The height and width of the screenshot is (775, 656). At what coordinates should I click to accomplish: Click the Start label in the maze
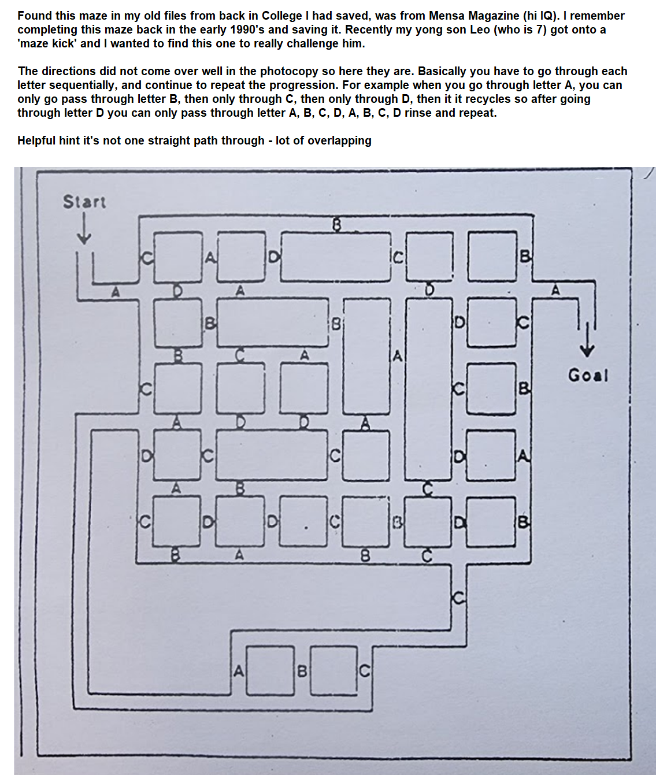(x=84, y=202)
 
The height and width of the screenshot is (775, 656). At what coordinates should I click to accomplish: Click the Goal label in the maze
(x=588, y=376)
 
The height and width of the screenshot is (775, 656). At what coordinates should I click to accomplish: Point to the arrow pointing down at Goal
(x=587, y=341)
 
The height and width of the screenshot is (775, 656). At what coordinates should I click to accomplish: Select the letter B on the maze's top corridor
(x=336, y=224)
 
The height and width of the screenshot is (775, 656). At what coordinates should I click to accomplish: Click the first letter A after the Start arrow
(x=116, y=292)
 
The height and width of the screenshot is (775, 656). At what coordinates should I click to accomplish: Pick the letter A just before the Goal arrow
(x=555, y=290)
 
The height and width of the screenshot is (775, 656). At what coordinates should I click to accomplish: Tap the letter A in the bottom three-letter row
(x=238, y=671)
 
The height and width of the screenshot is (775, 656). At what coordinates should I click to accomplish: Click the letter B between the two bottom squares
(x=301, y=671)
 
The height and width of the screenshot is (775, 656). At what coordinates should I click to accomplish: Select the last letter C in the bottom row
(x=364, y=671)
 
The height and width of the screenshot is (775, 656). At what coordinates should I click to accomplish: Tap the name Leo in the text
(x=480, y=29)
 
